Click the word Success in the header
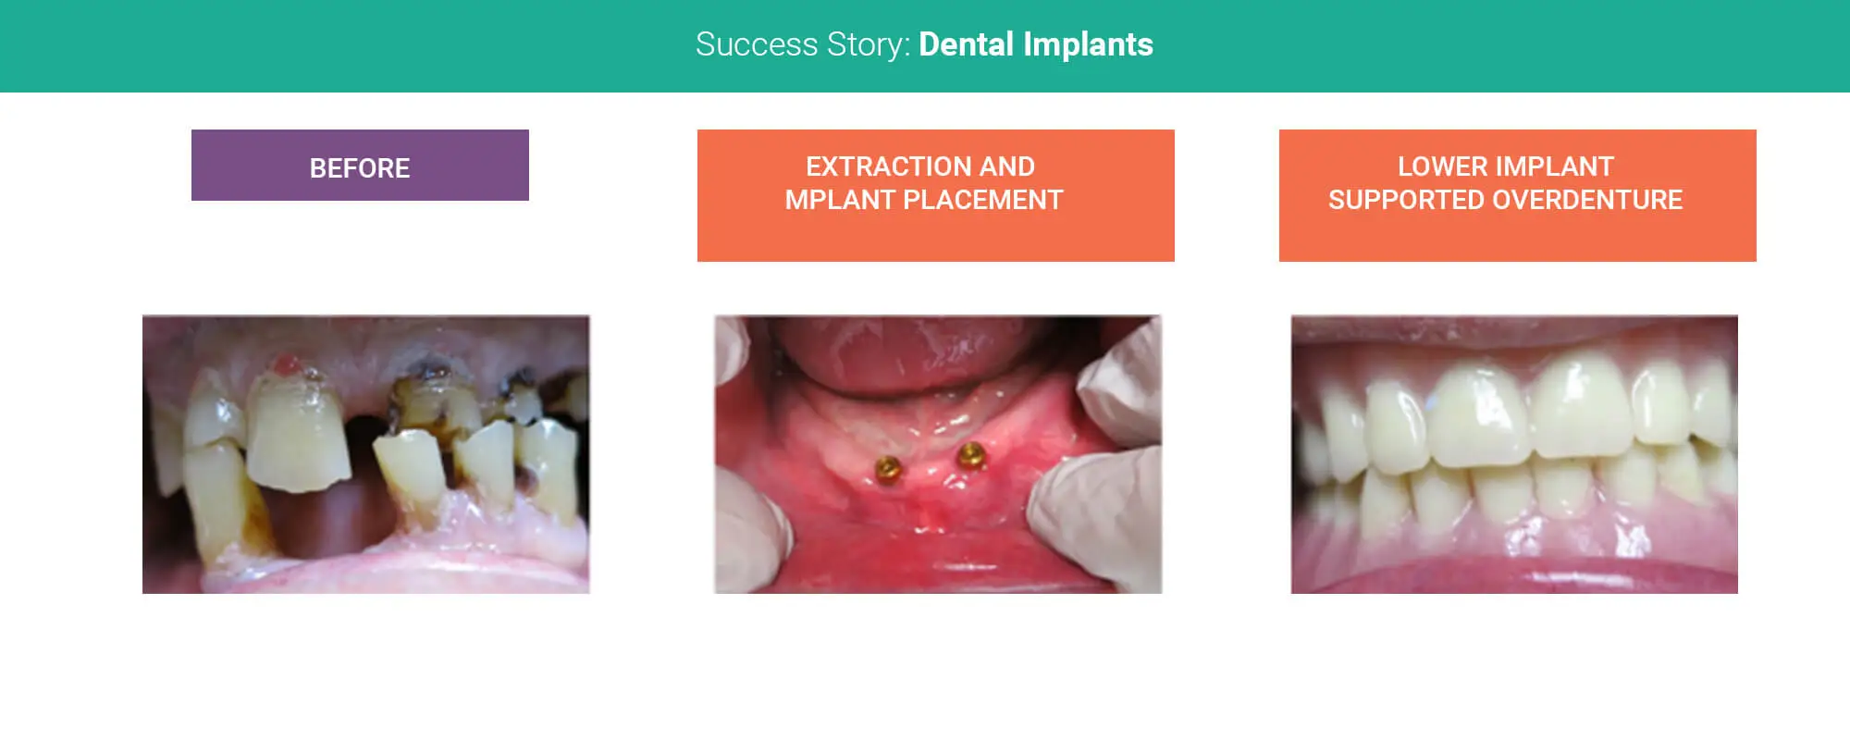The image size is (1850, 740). (x=757, y=44)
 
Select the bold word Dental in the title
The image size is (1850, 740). (x=966, y=44)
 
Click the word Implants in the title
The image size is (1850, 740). (x=1088, y=45)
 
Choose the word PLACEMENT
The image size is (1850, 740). (x=983, y=200)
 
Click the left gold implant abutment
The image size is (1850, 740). (x=889, y=468)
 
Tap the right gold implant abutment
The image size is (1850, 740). (x=971, y=454)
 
